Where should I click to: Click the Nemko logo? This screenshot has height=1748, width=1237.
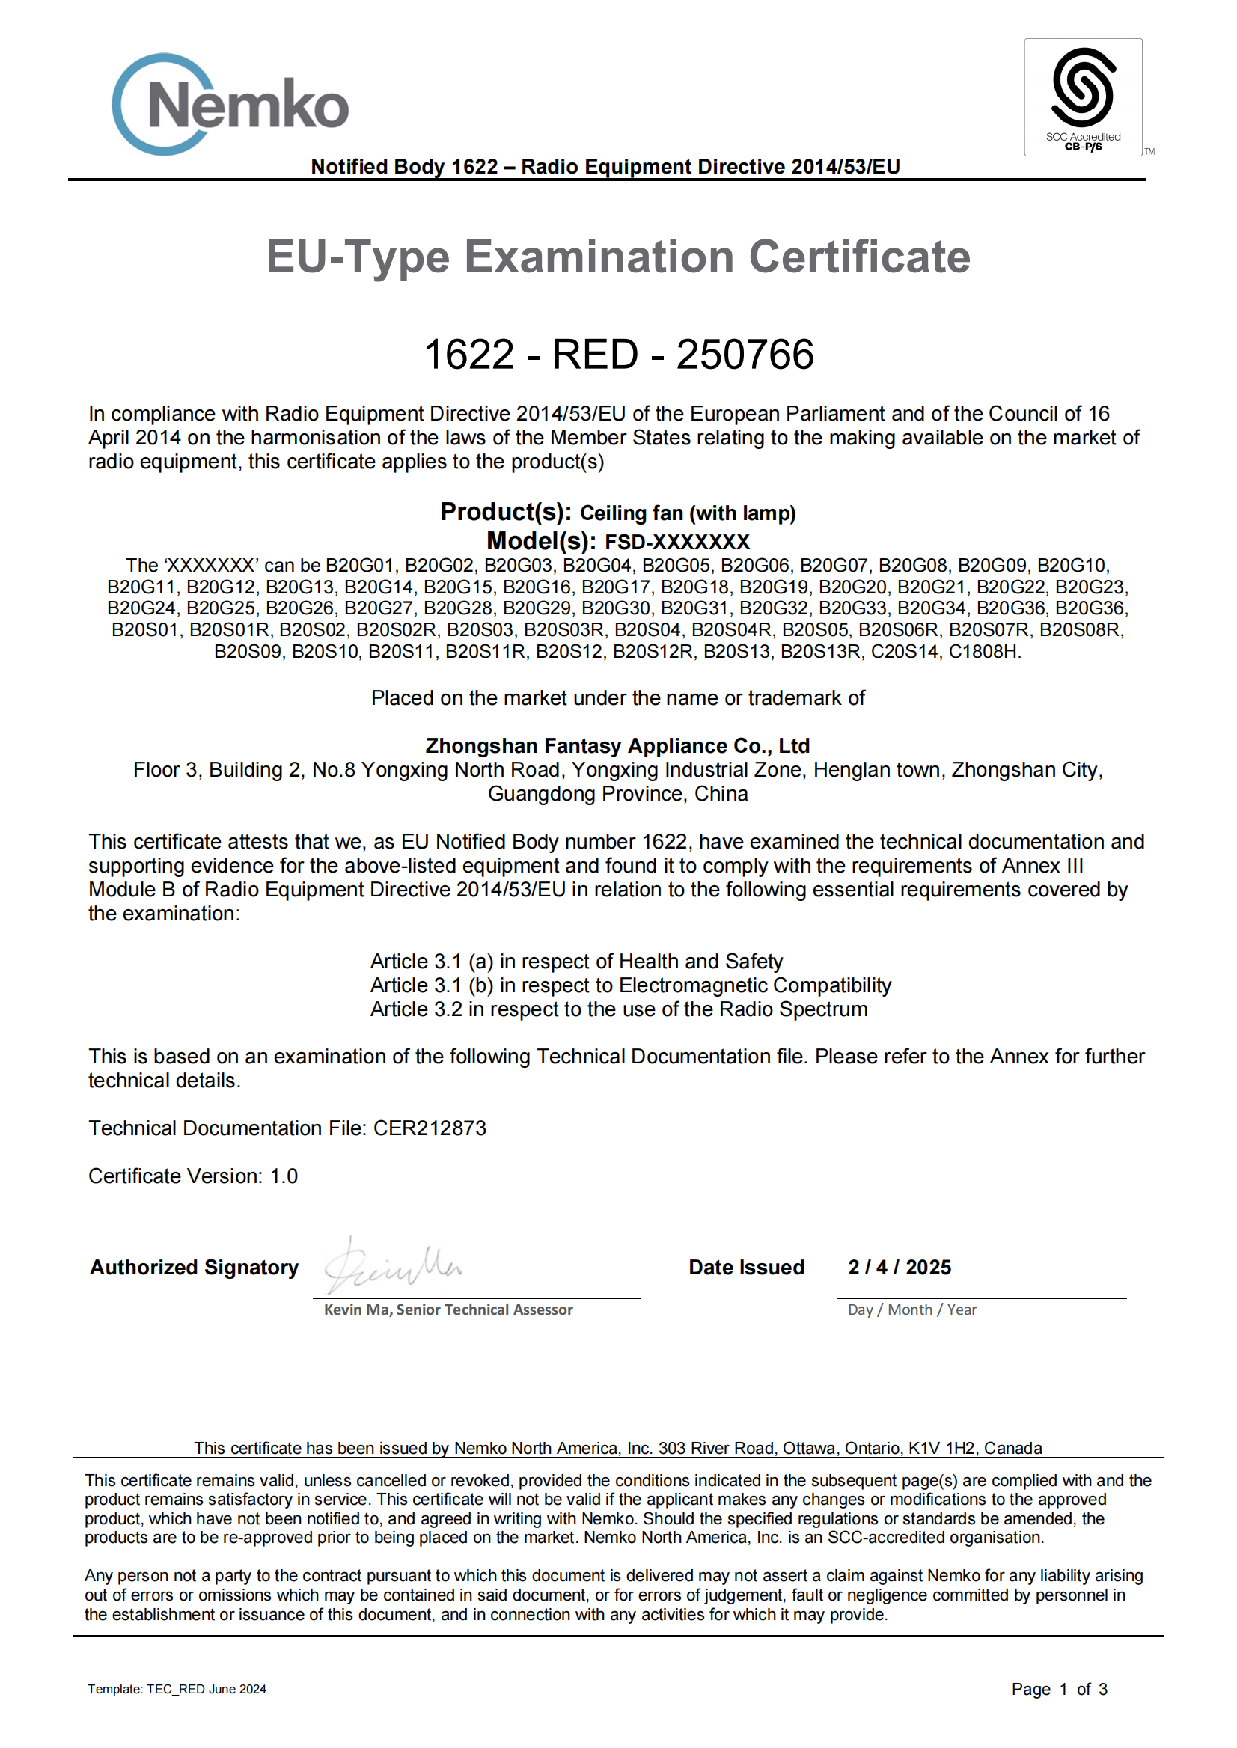[x=230, y=104]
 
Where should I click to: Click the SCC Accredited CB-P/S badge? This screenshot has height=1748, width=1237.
[x=1082, y=97]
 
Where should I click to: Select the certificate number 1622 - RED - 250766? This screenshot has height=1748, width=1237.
[x=617, y=355]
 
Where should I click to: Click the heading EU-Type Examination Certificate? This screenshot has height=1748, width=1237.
[x=617, y=257]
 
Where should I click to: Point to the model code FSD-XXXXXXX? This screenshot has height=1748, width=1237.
[x=676, y=543]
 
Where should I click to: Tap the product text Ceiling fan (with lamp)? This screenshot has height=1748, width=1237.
[x=687, y=513]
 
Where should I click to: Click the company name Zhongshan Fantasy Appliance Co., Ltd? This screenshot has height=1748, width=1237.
[x=617, y=745]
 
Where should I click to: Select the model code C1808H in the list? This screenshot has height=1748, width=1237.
[x=982, y=651]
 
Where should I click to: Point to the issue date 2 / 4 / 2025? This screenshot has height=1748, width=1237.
[x=899, y=1268]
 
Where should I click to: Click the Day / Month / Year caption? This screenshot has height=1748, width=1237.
[x=911, y=1310]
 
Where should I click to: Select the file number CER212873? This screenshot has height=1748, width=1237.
[x=429, y=1128]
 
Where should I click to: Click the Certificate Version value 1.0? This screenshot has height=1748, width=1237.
[x=284, y=1176]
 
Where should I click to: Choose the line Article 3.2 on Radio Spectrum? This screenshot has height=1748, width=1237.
[x=618, y=1009]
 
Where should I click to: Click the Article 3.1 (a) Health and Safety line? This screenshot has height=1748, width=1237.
[x=576, y=962]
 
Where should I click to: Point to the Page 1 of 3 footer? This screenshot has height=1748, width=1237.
[x=1059, y=1690]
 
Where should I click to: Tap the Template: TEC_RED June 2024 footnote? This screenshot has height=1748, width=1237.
[x=177, y=1690]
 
